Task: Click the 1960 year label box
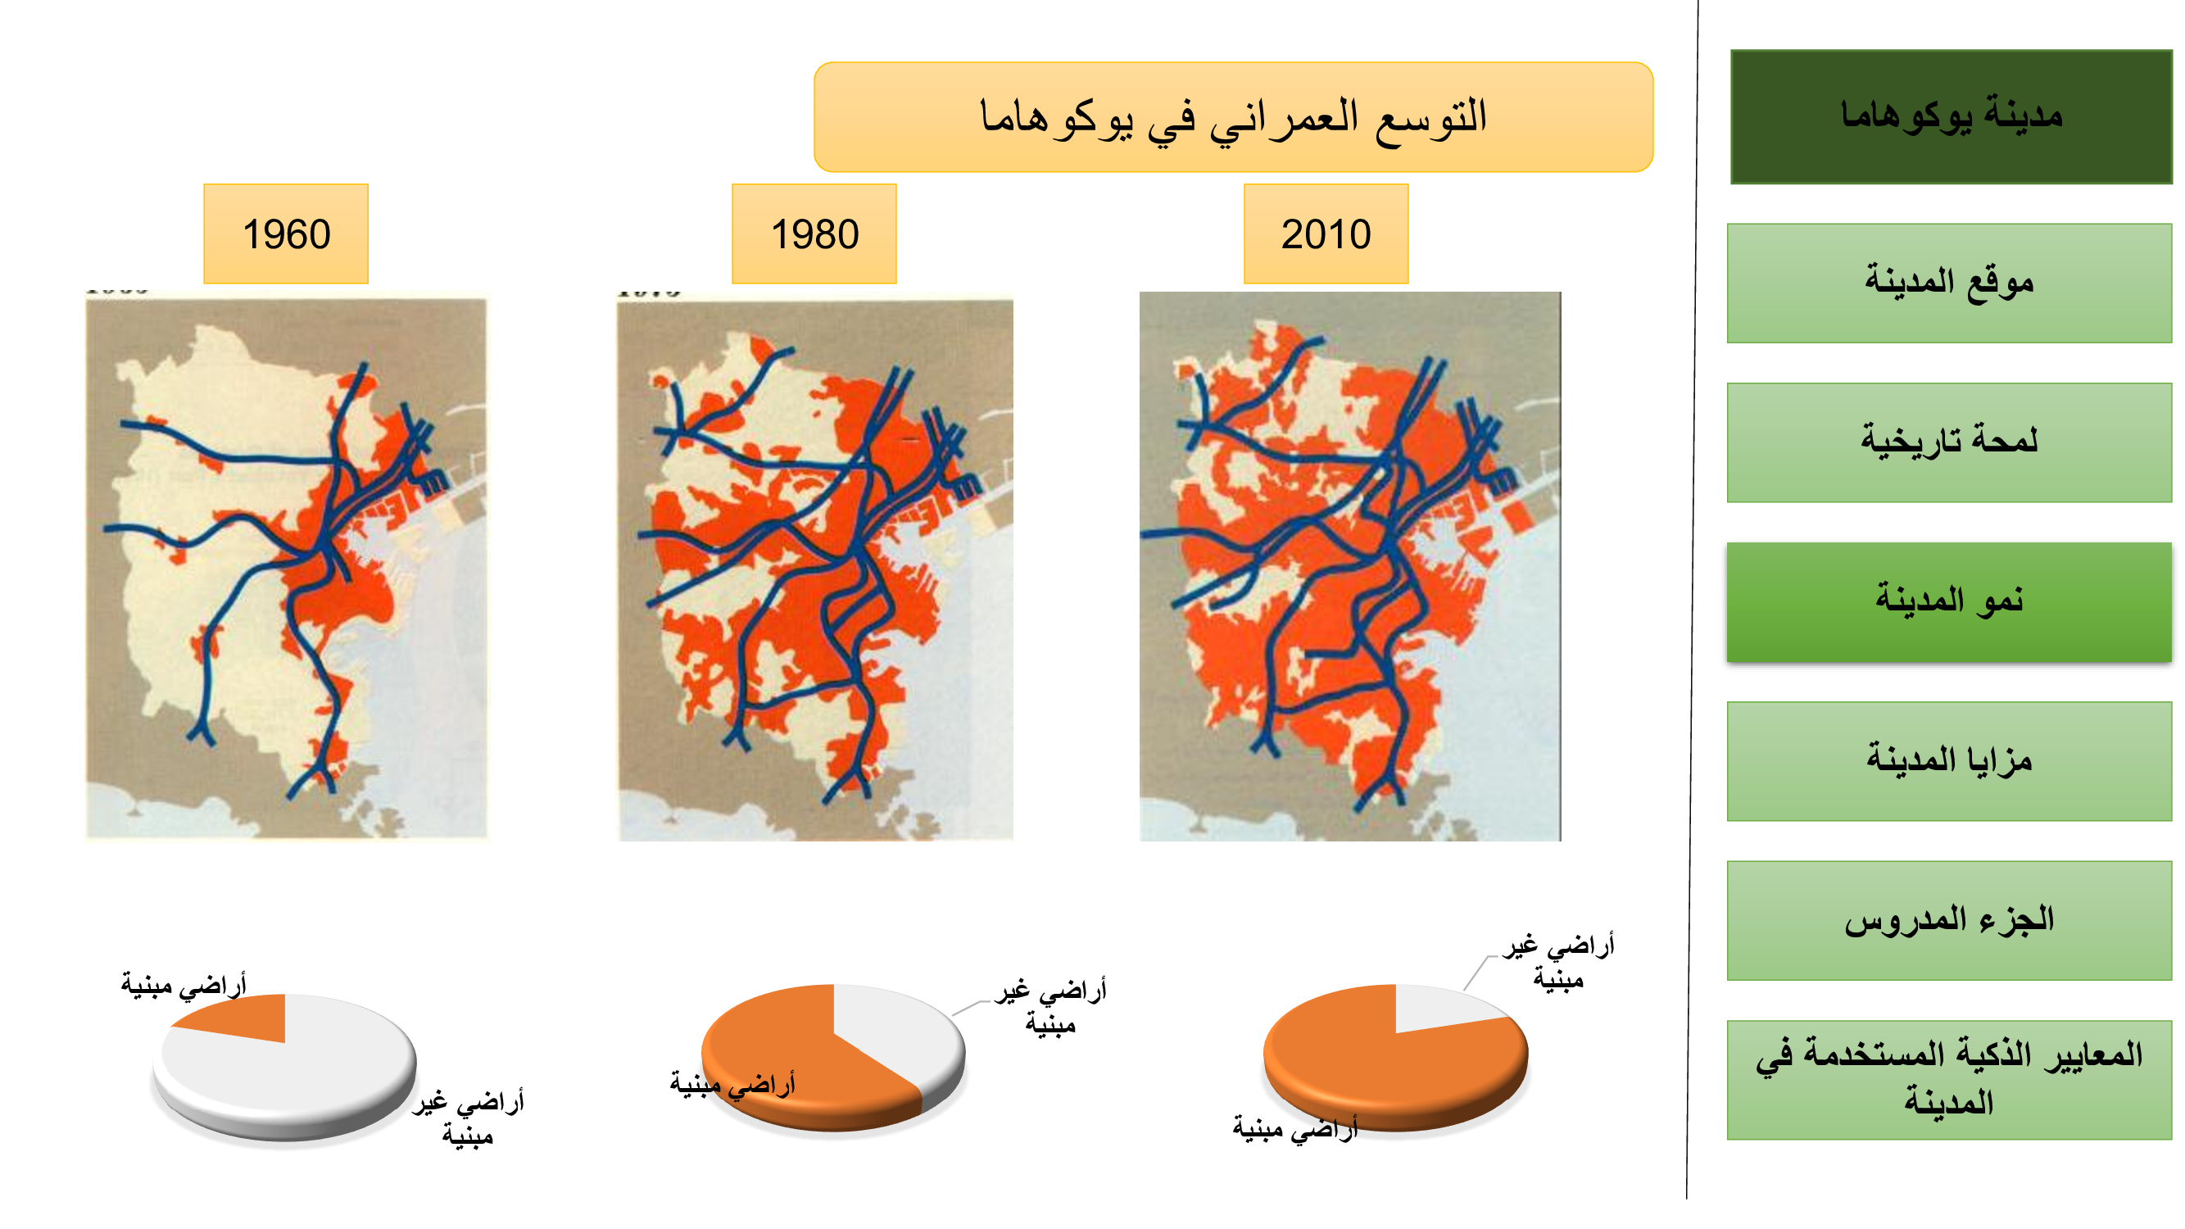click(286, 234)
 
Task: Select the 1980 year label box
click(814, 234)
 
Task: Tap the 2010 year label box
click(1325, 234)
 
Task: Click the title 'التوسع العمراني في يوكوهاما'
click(1232, 117)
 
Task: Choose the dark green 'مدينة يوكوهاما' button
click(1950, 117)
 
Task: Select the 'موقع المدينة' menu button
click(1948, 283)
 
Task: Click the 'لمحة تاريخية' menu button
click(1948, 442)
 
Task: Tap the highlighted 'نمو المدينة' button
click(1948, 601)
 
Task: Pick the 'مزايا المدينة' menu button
click(1948, 761)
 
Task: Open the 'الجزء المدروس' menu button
click(1948, 920)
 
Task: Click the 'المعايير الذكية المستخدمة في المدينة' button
click(1948, 1079)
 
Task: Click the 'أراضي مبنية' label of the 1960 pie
click(184, 985)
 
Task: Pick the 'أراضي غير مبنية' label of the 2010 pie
click(1558, 962)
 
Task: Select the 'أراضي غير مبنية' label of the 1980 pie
click(1050, 1007)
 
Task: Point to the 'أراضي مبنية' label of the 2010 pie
click(1294, 1128)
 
